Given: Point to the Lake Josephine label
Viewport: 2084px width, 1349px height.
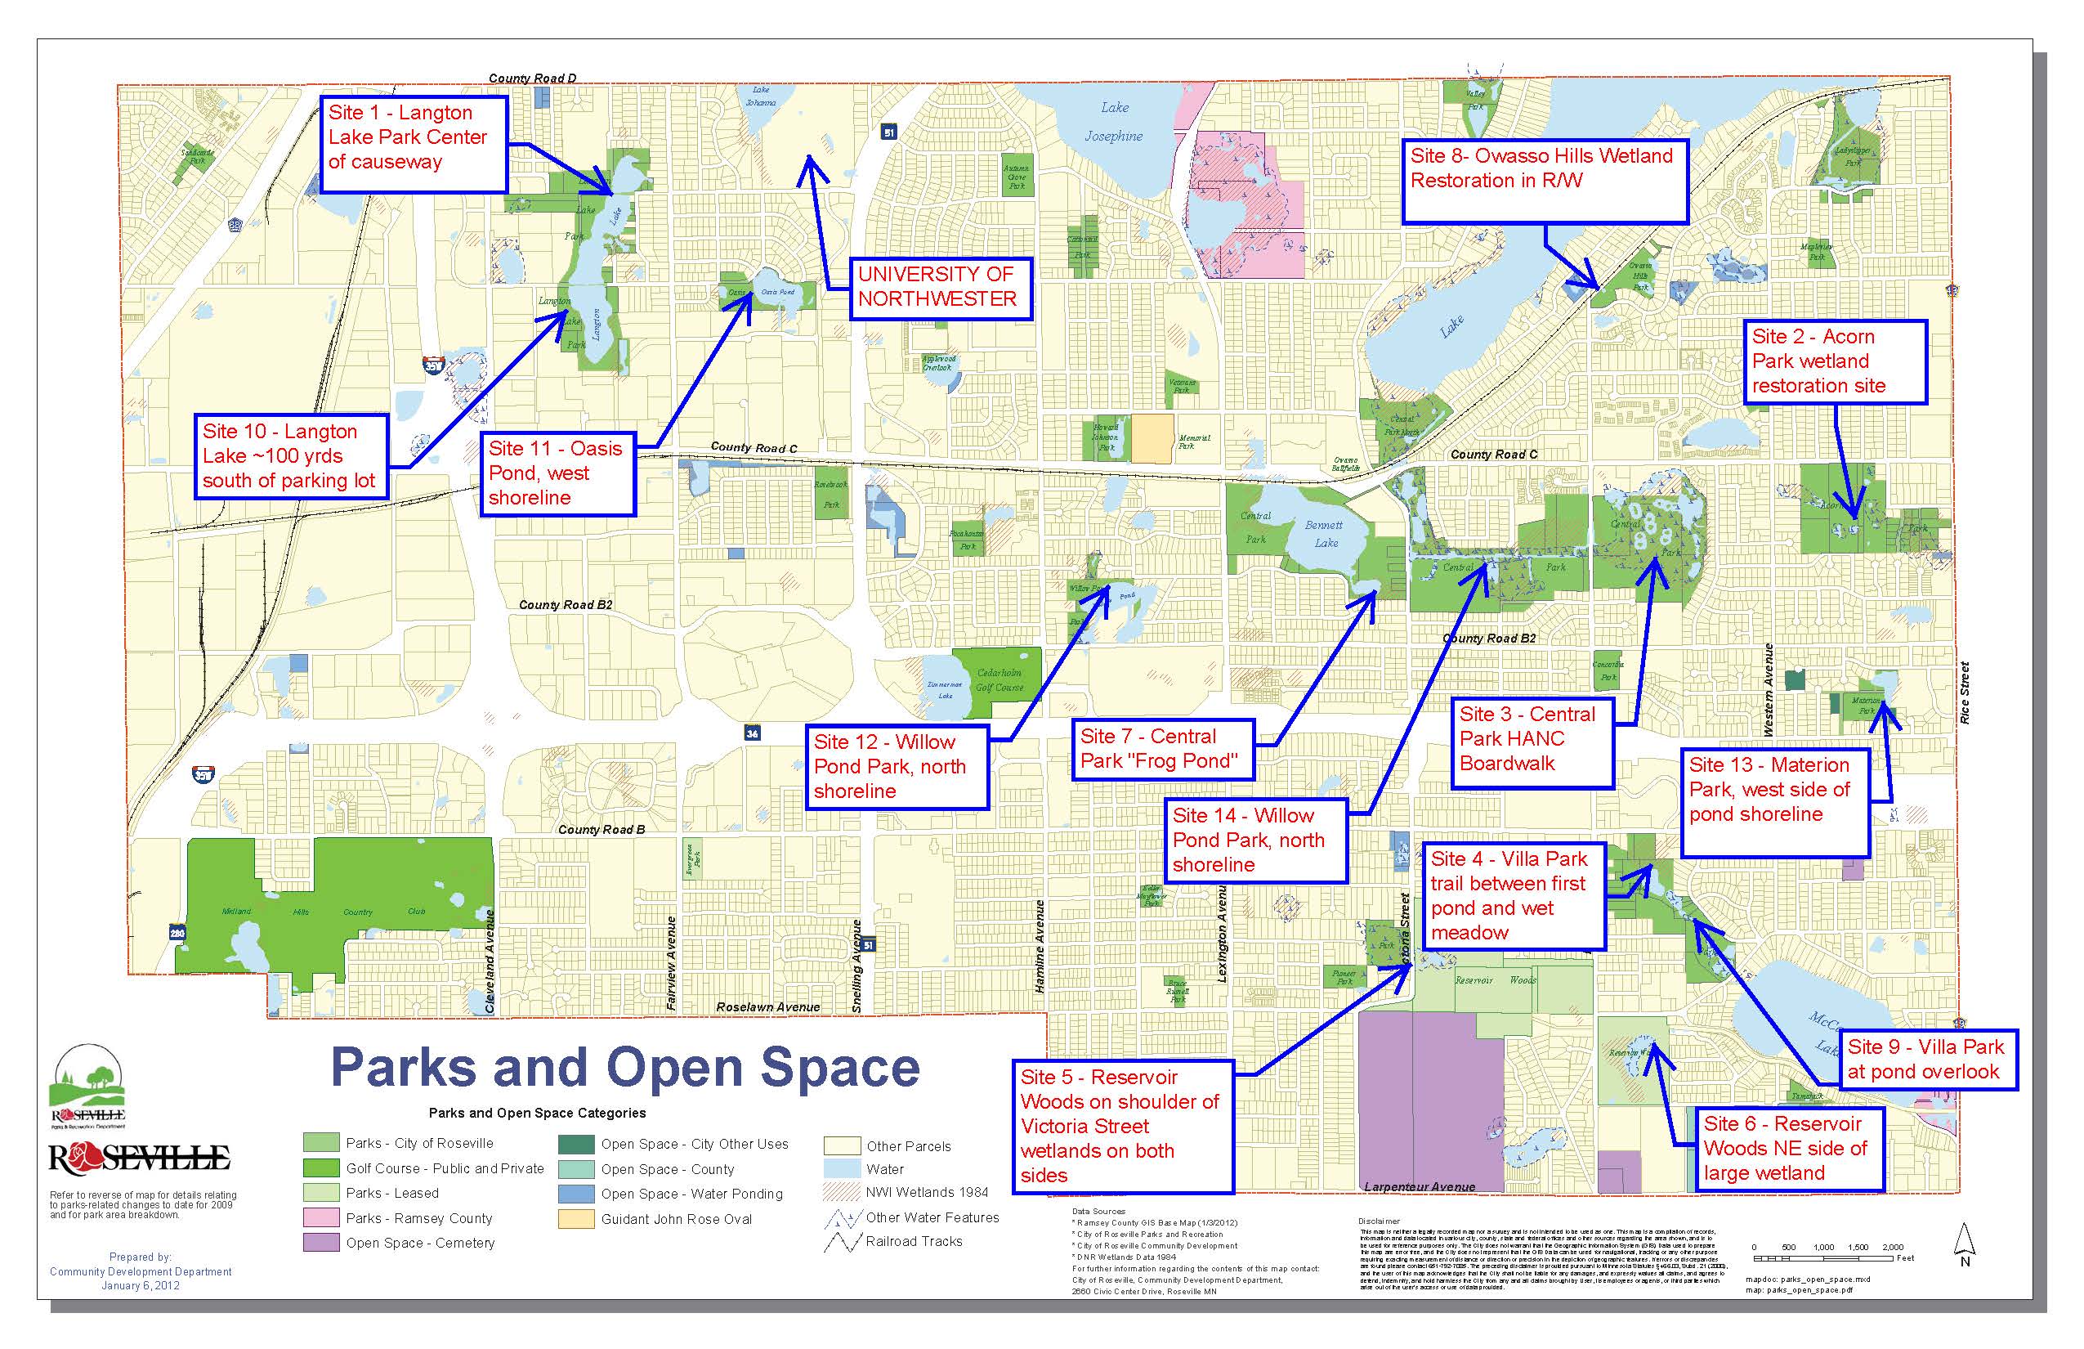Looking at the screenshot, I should [1114, 122].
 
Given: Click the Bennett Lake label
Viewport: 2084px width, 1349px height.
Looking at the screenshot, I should [1324, 533].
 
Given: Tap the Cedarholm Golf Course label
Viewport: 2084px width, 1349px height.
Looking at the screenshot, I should [999, 680].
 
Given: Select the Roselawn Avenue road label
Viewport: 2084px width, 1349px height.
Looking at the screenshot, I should [768, 1007].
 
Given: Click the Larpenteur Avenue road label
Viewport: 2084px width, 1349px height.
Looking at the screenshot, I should [1420, 1187].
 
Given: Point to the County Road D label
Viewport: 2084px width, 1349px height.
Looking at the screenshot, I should [532, 78].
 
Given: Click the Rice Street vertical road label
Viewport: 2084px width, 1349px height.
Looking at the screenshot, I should [1965, 692].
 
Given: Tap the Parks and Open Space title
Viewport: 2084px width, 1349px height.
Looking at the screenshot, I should [625, 1068].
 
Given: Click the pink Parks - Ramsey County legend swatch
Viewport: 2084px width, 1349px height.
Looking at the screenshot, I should [320, 1218].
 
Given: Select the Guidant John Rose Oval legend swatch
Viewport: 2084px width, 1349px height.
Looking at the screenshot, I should [575, 1219].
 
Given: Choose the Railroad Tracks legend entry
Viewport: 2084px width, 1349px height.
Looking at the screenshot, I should [914, 1241].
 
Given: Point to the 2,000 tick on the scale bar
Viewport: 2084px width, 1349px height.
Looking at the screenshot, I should [1892, 1247].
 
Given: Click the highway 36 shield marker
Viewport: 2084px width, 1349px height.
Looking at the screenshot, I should [752, 733].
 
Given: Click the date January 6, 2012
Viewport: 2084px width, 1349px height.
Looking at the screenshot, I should [140, 1286].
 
